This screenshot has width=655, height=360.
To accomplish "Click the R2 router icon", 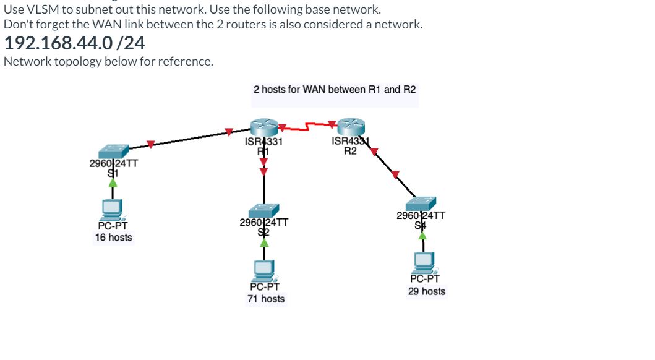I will [351, 126].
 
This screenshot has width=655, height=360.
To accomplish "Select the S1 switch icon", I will [113, 151].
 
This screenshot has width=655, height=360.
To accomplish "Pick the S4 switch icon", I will [421, 204].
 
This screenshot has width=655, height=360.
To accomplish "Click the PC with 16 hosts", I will [113, 210].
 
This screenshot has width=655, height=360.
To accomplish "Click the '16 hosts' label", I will [113, 238].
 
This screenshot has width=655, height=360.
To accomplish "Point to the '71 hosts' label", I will [266, 299].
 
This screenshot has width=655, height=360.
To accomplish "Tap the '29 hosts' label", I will [426, 291].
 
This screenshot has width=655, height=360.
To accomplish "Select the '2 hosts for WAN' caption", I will [335, 89].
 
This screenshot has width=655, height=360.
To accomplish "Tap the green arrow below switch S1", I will [113, 182].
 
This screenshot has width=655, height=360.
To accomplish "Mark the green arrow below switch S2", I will [265, 243].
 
